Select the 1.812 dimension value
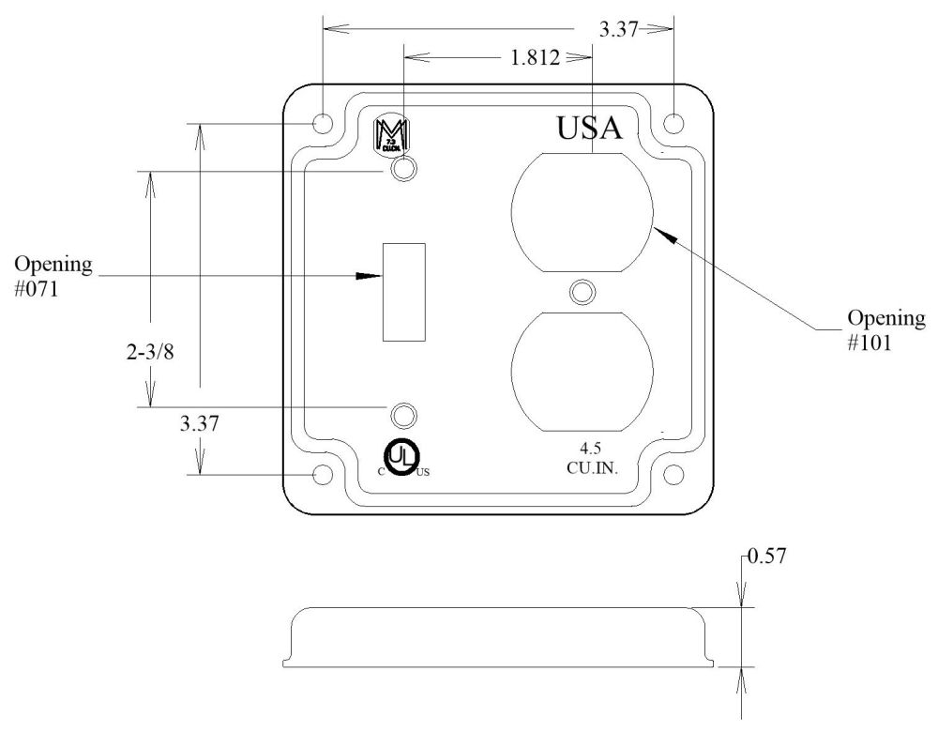click(x=535, y=58)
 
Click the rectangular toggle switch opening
click(x=405, y=291)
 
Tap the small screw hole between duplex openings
click(x=582, y=291)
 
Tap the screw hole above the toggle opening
click(x=404, y=170)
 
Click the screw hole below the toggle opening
click(x=404, y=415)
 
